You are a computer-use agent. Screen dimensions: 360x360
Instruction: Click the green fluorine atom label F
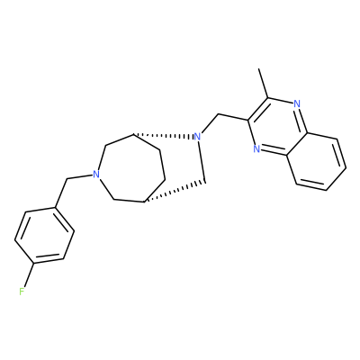point(22,291)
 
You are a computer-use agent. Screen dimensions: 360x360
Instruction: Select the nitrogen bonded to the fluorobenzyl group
point(95,175)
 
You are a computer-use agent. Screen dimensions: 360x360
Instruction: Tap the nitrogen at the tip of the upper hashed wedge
point(197,137)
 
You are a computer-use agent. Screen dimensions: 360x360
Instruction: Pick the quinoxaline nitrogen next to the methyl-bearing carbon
point(297,104)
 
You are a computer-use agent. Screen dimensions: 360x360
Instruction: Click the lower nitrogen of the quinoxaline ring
point(256,148)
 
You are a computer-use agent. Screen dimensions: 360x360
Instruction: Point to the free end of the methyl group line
point(259,69)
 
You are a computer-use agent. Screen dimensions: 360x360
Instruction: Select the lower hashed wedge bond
point(175,192)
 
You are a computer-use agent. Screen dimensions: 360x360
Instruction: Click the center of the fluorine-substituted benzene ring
point(44,236)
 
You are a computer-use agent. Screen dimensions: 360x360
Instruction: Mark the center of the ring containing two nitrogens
point(276,127)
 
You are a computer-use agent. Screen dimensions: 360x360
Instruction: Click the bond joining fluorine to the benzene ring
point(30,275)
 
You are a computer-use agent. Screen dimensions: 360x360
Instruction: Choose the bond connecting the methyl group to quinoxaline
point(264,84)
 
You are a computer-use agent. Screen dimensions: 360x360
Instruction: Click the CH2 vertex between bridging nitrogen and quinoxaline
point(219,114)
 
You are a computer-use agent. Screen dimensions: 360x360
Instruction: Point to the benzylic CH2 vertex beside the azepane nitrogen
point(67,180)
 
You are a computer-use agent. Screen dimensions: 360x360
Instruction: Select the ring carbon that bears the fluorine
point(34,264)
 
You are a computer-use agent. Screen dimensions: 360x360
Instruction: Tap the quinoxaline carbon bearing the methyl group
point(268,98)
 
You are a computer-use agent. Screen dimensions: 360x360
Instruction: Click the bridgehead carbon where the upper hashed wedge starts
point(133,134)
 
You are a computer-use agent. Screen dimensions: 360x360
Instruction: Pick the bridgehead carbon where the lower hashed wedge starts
point(145,202)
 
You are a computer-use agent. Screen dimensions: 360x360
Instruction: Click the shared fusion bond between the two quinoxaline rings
point(297,144)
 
